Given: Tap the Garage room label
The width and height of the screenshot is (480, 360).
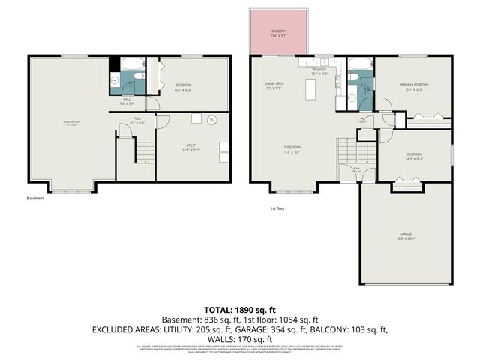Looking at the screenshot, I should coord(406,238).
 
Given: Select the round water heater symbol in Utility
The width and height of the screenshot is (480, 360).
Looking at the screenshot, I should coord(211,118).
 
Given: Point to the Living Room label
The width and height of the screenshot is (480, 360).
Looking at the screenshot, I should coord(292,148).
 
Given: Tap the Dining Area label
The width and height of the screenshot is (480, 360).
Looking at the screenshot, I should coord(274,85).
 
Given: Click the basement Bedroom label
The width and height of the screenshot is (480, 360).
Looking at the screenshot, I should coord(184,87).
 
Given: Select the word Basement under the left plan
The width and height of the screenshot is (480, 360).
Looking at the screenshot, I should coord(35,199).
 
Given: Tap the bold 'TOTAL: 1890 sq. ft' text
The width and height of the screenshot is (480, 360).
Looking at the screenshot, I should coord(240,309).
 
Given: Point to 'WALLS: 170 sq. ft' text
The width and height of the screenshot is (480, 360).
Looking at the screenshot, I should coord(240,338).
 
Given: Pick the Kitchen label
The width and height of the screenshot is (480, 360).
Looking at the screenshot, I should coord(320,70).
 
